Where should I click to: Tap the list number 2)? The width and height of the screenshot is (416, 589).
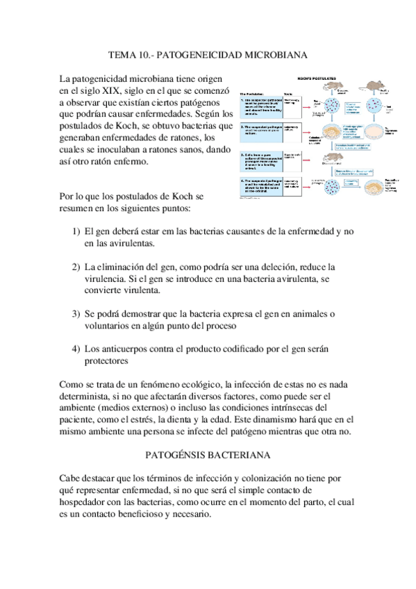77,267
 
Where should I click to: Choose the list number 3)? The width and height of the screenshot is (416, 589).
77,313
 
